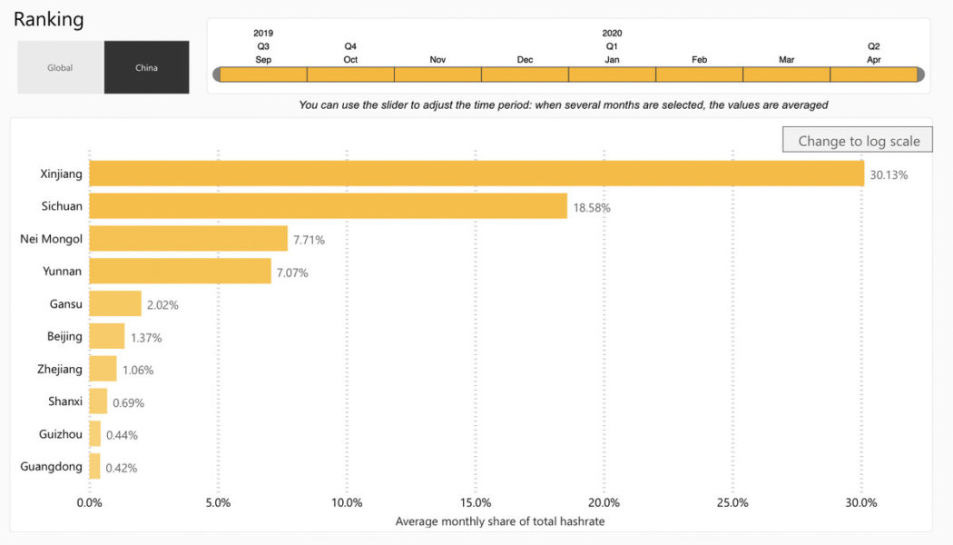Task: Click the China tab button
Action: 146,67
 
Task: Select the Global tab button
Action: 60,67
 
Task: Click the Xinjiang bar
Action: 476,173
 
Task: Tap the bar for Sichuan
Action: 328,206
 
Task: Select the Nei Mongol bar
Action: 188,239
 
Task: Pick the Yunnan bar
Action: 180,271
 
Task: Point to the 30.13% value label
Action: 889,174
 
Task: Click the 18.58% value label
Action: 592,207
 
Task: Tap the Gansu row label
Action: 65,303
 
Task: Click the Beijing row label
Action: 64,336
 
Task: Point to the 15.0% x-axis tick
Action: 476,502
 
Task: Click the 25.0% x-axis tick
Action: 732,502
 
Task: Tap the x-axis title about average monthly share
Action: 500,521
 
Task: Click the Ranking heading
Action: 48,19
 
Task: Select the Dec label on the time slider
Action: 525,59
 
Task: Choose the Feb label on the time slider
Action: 699,59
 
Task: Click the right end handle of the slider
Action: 920,74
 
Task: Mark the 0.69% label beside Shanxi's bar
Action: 128,402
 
